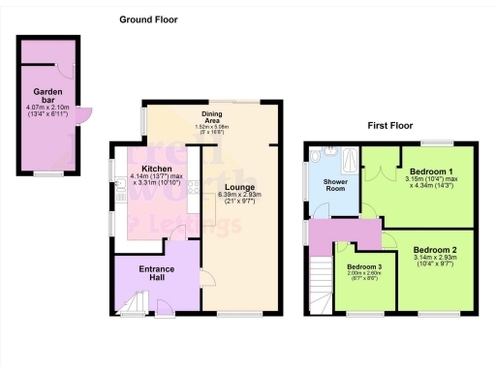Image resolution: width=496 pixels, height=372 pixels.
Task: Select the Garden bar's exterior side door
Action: tap(84, 113)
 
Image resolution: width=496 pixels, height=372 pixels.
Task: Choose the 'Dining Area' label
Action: tap(211, 116)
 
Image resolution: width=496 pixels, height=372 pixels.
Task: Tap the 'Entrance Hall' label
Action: tap(156, 273)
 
